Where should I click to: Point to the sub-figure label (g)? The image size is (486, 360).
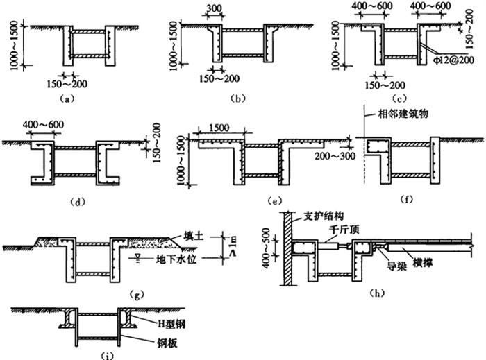click(x=136, y=295)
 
